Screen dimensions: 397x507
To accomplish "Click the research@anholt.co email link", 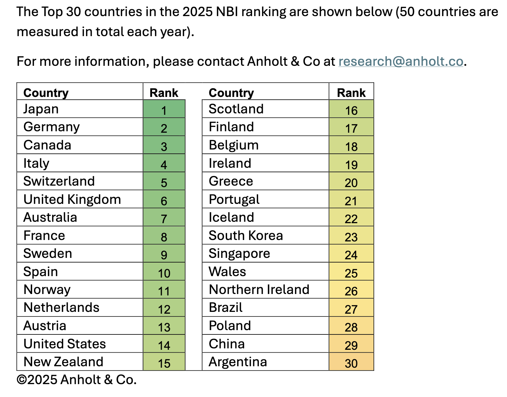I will tap(401, 62).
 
